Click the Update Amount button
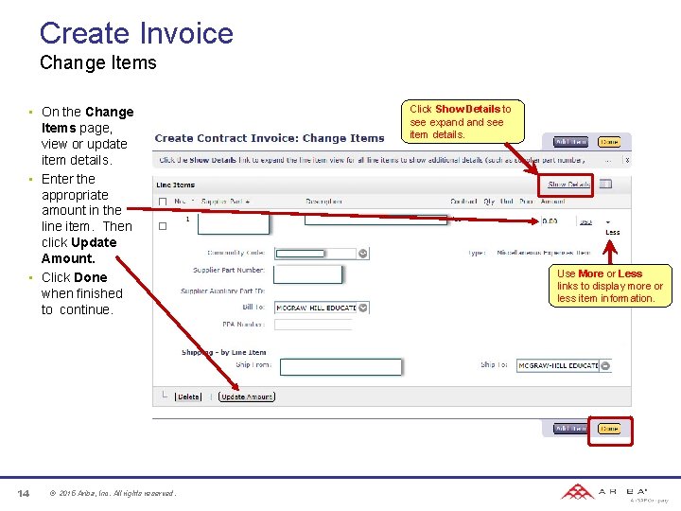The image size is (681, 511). point(246,397)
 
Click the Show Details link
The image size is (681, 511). point(569,185)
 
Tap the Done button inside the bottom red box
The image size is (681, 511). point(609,429)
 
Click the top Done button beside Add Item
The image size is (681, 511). point(609,142)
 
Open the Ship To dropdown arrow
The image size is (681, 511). point(605,365)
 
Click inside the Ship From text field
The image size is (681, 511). point(340,366)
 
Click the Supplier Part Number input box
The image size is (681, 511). point(308,273)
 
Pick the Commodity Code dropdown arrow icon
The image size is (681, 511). point(363,253)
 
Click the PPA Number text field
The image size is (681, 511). point(313,325)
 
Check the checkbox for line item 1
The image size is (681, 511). point(163,226)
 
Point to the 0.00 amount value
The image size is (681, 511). point(549,221)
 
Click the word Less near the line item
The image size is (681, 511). point(612,232)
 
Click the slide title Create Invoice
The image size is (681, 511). point(136,33)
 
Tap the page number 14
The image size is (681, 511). point(24,493)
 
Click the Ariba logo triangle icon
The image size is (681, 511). point(576,492)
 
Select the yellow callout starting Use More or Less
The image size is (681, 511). point(610,286)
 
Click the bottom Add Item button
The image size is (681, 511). point(570,429)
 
